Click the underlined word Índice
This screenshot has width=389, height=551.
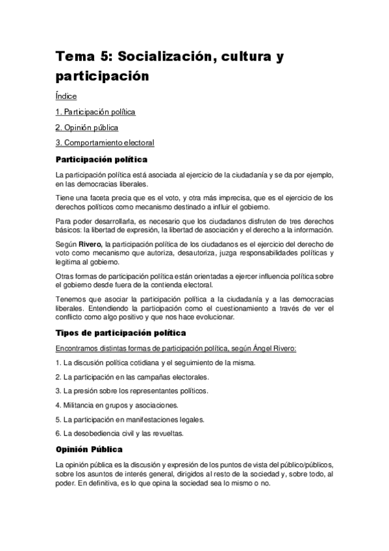(x=66, y=96)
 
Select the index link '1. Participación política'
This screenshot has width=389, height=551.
(x=95, y=112)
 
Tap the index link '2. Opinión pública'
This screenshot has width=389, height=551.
(x=86, y=127)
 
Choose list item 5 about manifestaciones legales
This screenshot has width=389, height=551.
(x=130, y=419)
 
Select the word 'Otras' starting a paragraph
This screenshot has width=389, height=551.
(x=66, y=275)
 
